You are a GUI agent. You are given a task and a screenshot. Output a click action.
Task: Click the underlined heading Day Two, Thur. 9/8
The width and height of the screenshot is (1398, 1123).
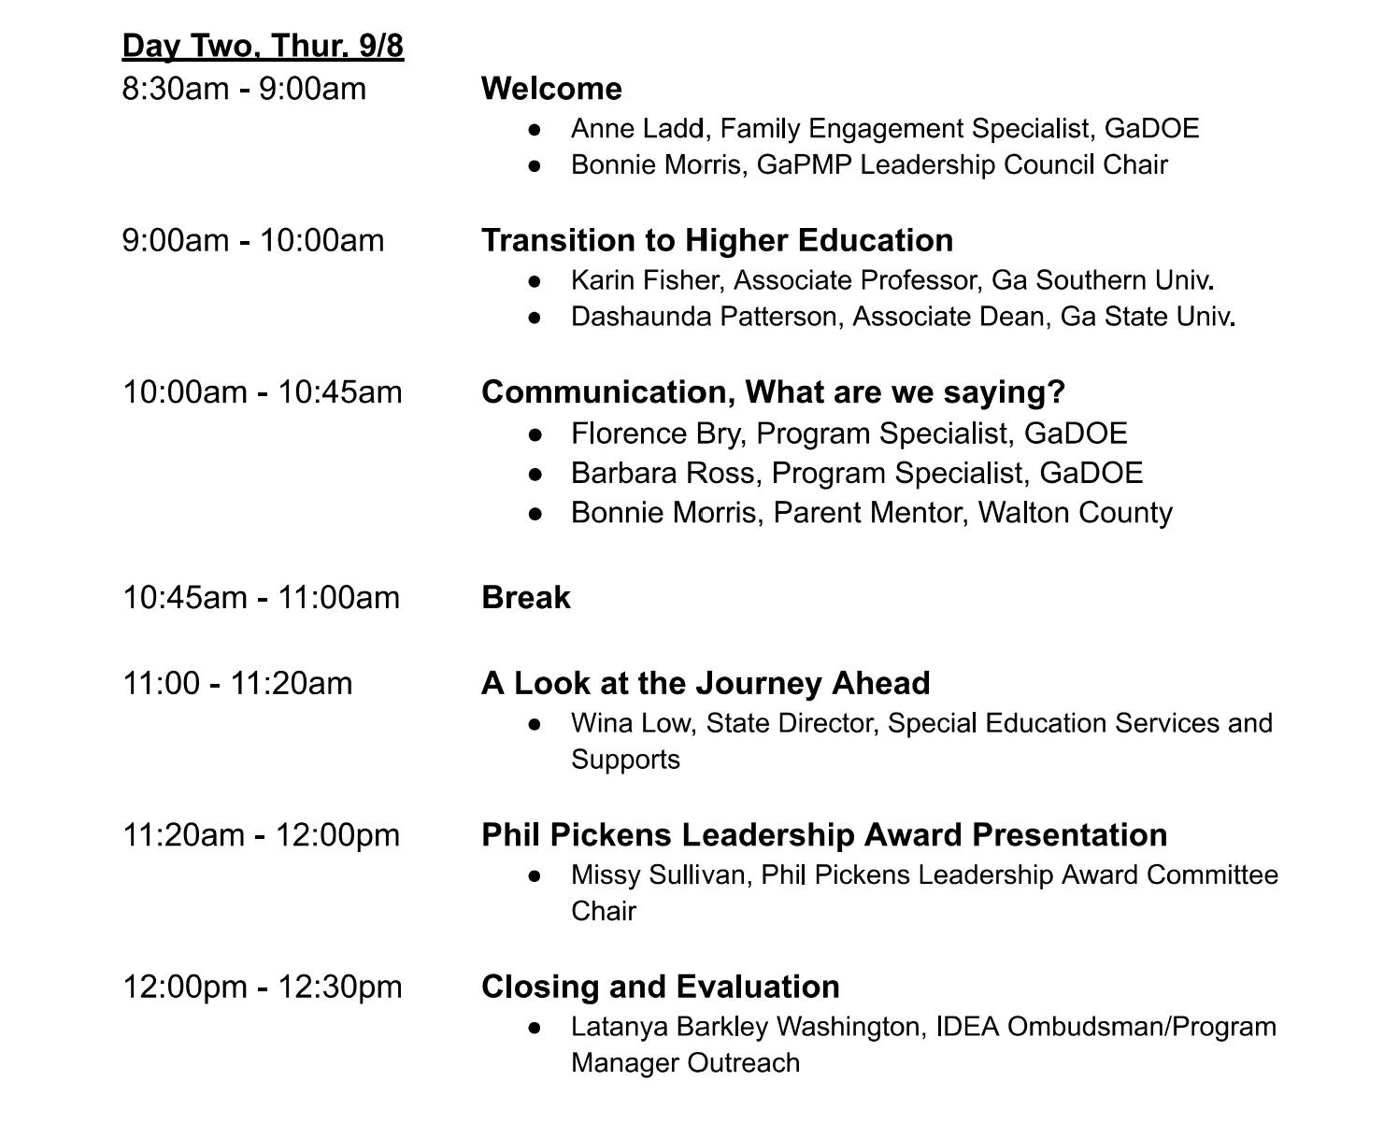(x=263, y=46)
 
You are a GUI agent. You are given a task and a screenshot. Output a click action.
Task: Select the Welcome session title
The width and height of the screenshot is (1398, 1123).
(x=551, y=89)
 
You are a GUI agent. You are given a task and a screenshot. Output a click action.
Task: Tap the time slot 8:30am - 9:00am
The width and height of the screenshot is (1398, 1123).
(x=244, y=89)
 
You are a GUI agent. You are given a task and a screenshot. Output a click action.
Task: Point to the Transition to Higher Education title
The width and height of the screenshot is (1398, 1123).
(x=717, y=240)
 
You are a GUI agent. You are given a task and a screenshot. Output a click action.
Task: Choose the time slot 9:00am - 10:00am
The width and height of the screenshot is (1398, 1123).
(x=252, y=241)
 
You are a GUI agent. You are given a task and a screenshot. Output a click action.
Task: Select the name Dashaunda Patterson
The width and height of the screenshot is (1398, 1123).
(x=704, y=317)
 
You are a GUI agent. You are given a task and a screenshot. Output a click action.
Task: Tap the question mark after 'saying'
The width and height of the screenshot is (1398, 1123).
(x=1056, y=391)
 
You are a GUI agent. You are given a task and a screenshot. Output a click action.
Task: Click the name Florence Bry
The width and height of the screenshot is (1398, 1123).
(x=655, y=434)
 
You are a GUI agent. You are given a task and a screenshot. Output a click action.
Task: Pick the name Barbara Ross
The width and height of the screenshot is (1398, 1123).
(x=663, y=474)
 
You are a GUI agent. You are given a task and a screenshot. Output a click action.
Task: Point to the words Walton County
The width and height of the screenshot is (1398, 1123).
(x=1076, y=513)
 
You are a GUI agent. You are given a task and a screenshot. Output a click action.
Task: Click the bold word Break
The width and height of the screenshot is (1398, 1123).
(x=525, y=598)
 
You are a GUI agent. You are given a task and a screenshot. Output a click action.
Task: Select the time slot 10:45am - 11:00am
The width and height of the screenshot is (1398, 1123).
(x=261, y=598)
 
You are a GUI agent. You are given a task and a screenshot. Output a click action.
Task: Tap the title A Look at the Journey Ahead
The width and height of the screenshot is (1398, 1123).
(x=706, y=683)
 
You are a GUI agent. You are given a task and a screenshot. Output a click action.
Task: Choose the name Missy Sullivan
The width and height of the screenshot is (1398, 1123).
(x=658, y=875)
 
